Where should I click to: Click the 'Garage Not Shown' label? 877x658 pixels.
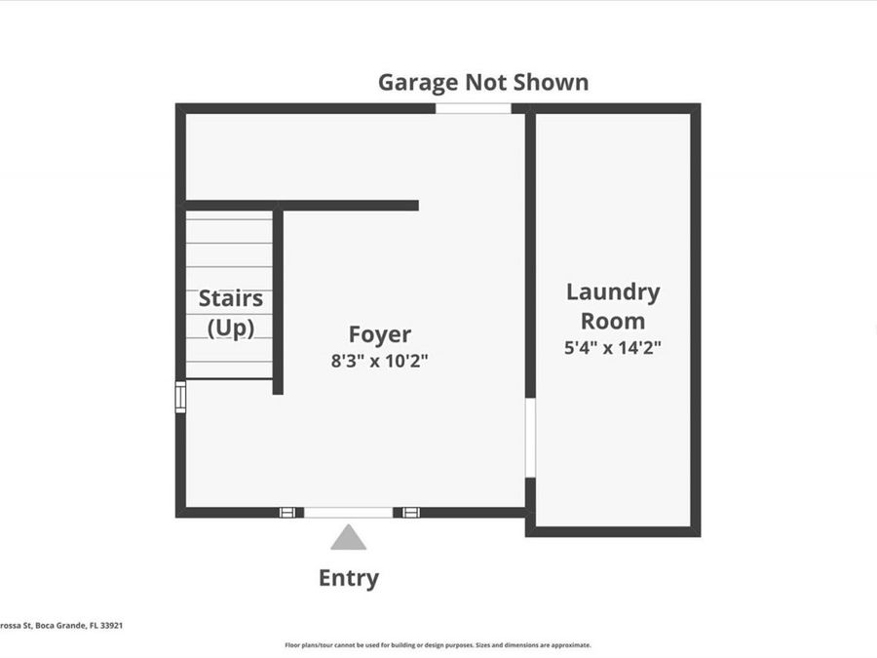(483, 82)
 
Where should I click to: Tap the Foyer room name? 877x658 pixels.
(380, 334)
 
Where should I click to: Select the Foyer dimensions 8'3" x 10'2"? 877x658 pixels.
(380, 361)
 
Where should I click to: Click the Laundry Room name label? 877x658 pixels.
(613, 306)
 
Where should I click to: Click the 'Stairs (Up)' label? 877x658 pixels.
(231, 313)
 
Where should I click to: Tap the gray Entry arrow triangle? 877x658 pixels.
(348, 538)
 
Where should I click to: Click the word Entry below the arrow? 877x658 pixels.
(348, 578)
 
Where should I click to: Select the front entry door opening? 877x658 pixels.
(348, 512)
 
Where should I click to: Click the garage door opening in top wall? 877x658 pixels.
(473, 108)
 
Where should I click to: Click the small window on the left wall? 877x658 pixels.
(180, 397)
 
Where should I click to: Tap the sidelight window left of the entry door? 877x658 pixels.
(286, 512)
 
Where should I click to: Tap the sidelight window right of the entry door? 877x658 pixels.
(410, 512)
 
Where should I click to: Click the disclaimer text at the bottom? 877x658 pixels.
(438, 645)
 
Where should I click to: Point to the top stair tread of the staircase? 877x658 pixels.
(229, 220)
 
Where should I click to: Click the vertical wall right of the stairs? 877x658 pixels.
(278, 302)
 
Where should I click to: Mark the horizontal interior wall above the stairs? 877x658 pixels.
(302, 206)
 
